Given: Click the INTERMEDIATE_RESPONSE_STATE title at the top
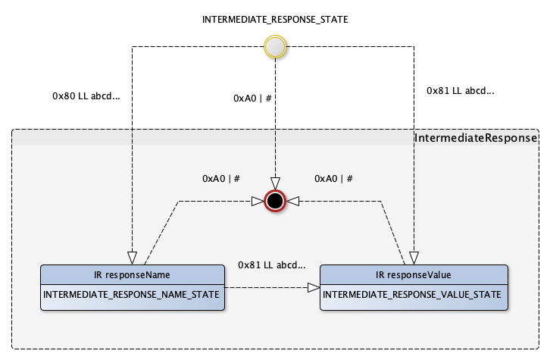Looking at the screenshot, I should [x=275, y=20].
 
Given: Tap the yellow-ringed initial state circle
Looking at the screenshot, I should [x=274, y=48].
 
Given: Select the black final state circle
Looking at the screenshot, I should [x=275, y=201].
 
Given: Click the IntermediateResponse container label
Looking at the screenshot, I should [x=476, y=139].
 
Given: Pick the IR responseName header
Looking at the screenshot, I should [x=133, y=274].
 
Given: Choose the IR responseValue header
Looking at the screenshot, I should [x=413, y=274].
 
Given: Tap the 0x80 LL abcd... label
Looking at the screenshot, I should [x=86, y=96].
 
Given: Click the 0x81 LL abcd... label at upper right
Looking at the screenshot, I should [x=460, y=91].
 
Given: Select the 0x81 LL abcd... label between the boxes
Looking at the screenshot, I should [x=271, y=265].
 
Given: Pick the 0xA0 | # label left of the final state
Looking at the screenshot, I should [x=220, y=178].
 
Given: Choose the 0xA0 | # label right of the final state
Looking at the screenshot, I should [x=333, y=178].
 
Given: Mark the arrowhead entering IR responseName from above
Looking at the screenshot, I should [x=132, y=257].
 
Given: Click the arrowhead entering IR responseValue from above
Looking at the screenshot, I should [x=414, y=257].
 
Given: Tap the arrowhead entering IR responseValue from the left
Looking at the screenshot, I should [x=313, y=288].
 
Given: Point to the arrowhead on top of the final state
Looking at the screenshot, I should [x=275, y=184].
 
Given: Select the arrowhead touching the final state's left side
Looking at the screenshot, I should [x=258, y=201].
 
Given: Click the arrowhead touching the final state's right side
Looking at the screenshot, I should [x=292, y=201].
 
